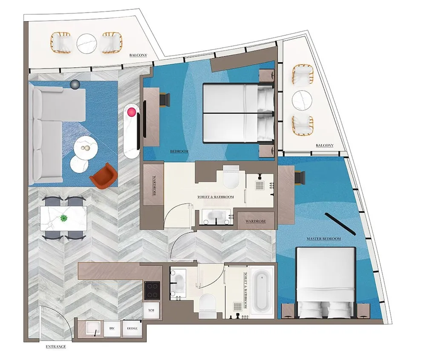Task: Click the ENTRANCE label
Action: [x=56, y=347]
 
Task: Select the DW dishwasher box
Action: [x=112, y=329]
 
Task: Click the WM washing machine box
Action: [x=151, y=311]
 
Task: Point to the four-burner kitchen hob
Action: [x=152, y=291]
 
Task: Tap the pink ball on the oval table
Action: [x=131, y=112]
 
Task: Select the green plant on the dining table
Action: [x=64, y=219]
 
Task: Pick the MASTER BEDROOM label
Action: [x=324, y=239]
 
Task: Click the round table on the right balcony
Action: [x=302, y=100]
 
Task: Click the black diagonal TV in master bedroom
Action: [x=340, y=224]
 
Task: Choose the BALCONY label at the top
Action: [x=138, y=55]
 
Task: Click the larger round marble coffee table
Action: [x=86, y=148]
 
